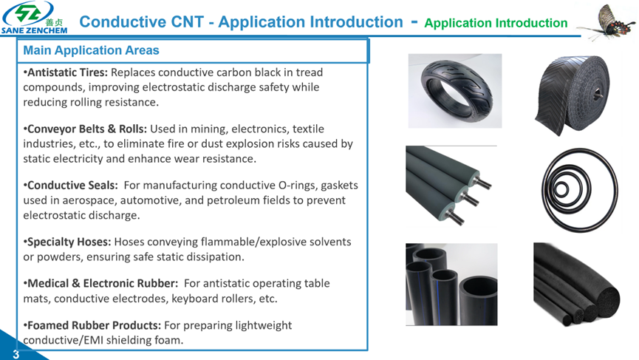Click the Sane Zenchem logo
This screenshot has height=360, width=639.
35,18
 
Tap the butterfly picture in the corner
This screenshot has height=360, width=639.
605,21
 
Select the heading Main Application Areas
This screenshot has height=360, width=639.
91,51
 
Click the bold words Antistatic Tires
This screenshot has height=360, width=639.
67,72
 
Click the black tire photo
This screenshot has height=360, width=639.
454,90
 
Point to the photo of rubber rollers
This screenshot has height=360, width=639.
451,186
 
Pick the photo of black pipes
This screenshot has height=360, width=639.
451,284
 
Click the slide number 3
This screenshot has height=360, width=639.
16,354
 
